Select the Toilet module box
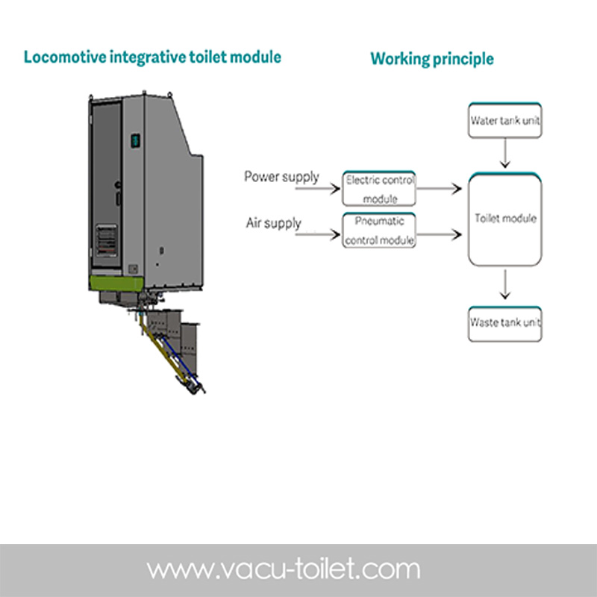tap(504, 219)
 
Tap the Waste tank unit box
tap(504, 324)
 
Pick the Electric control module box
tap(379, 189)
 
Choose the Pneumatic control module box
tap(379, 231)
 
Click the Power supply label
tap(281, 178)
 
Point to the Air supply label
tap(273, 223)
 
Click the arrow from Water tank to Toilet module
tap(505, 154)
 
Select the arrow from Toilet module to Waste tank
tap(505, 284)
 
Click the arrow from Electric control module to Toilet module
tap(440, 190)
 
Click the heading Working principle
tap(431, 59)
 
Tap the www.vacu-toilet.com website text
tap(283, 570)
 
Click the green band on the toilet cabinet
tap(116, 283)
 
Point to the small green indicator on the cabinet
tap(136, 140)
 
